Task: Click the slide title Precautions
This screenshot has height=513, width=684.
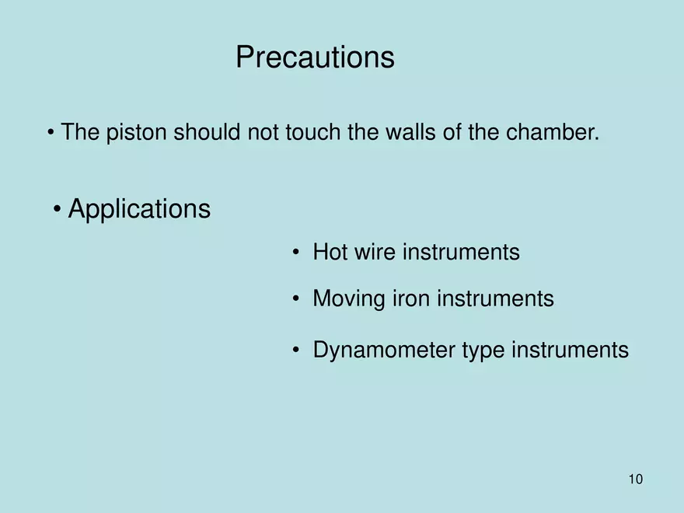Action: [315, 58]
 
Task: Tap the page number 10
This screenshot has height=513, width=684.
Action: [635, 480]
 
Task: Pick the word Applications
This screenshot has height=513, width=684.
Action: [139, 209]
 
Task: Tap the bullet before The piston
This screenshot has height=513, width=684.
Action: [51, 133]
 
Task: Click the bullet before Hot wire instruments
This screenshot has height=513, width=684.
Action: [296, 253]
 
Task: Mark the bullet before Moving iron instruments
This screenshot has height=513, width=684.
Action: [296, 299]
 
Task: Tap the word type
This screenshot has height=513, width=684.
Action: [483, 351]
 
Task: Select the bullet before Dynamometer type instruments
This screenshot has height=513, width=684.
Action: [296, 351]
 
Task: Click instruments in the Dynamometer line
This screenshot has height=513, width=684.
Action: [570, 351]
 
